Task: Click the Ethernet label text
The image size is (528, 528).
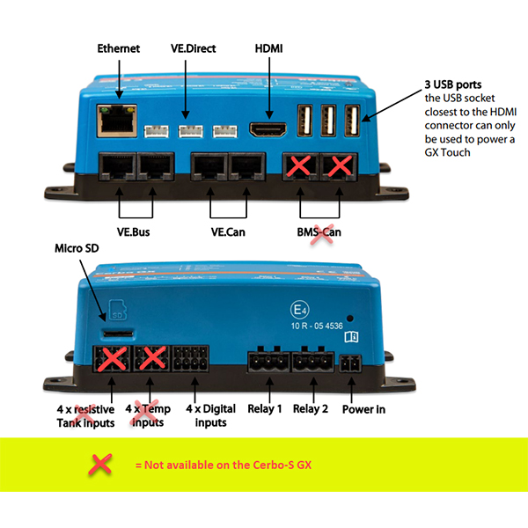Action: (x=118, y=48)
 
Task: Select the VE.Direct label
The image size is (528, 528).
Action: (x=194, y=48)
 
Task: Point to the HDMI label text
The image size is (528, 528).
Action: (x=268, y=48)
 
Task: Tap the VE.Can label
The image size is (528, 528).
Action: (x=229, y=232)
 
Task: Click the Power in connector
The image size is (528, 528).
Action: (x=351, y=365)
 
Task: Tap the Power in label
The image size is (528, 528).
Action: (x=363, y=408)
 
